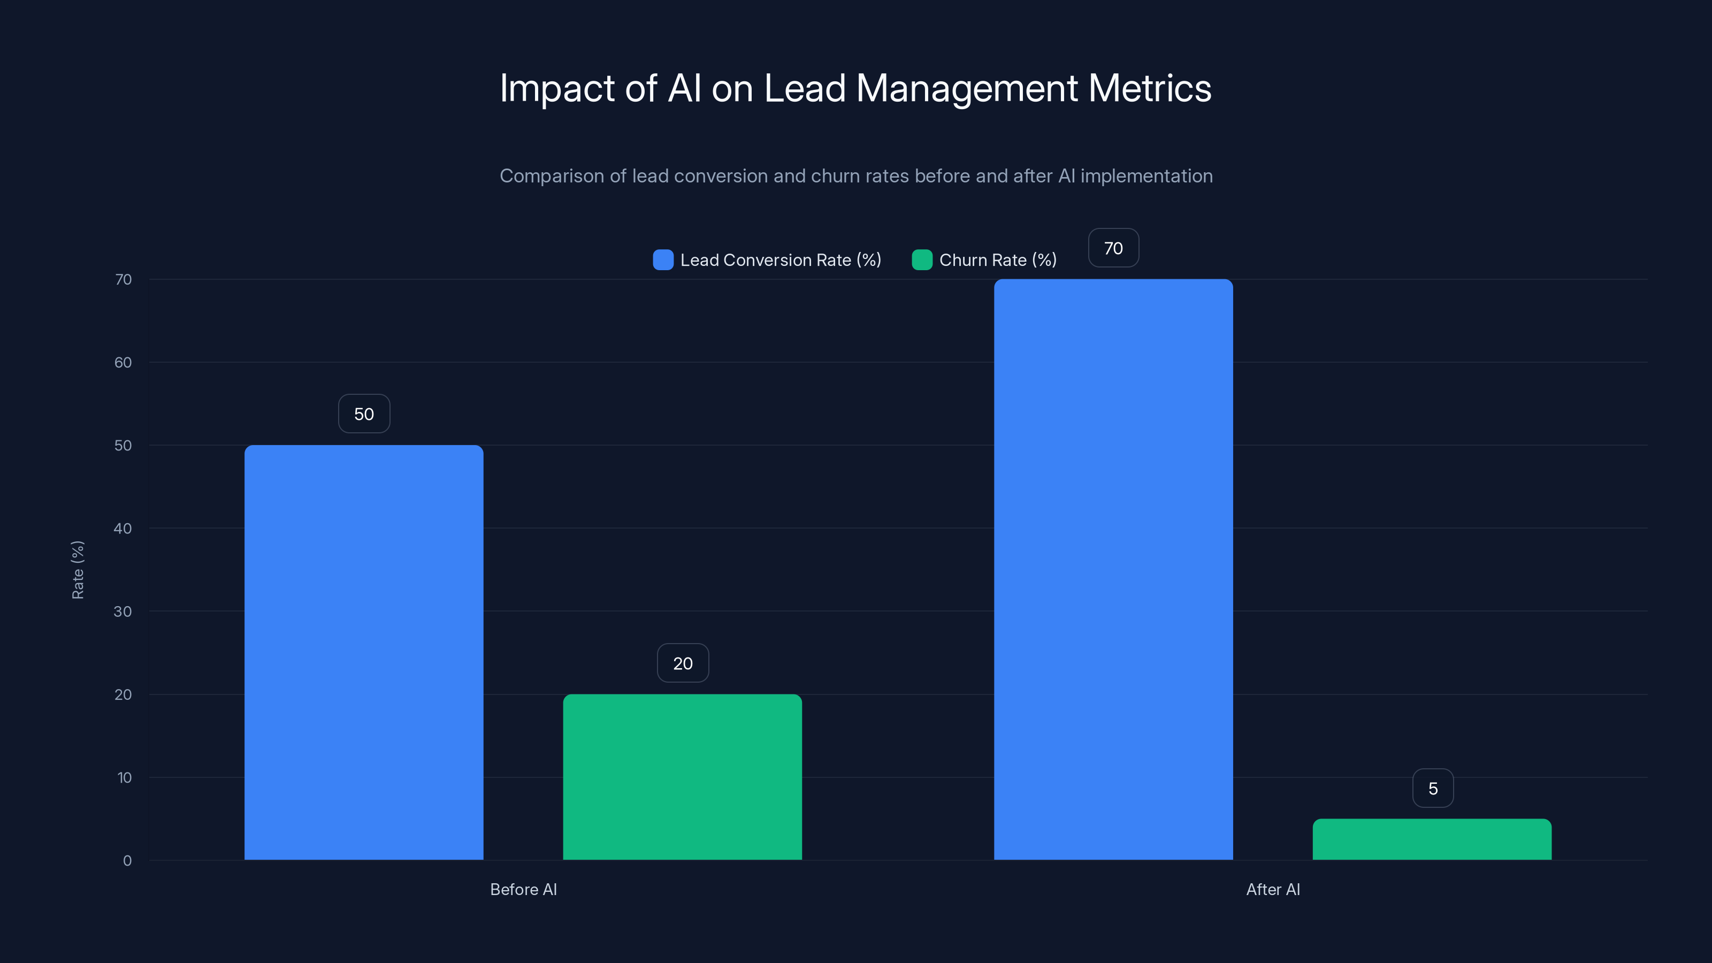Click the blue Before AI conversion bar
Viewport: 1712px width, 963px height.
click(364, 652)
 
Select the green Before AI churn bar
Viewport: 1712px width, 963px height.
click(683, 776)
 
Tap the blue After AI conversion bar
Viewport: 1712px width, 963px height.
click(1113, 569)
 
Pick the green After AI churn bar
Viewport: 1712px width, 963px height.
click(1432, 839)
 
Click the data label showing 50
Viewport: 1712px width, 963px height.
click(364, 414)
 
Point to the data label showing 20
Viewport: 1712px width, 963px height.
click(683, 663)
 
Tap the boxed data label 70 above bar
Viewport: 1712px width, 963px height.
click(1113, 249)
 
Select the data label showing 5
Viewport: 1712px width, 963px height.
click(1433, 788)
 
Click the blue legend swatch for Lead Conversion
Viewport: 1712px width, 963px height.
click(663, 260)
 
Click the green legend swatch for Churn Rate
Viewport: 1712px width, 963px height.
click(922, 260)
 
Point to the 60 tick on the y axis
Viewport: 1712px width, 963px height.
click(123, 362)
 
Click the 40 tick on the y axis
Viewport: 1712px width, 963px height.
click(123, 529)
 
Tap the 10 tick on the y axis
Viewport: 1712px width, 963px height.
click(124, 777)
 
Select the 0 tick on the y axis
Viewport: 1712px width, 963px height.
click(127, 861)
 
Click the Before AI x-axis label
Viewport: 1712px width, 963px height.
click(523, 889)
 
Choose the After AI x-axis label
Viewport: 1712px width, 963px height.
click(1273, 889)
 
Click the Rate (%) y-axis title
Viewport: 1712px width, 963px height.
click(78, 570)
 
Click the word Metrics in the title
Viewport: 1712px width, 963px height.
click(1150, 88)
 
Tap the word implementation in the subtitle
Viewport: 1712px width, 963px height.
click(1146, 176)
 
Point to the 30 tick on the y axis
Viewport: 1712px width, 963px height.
click(123, 612)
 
